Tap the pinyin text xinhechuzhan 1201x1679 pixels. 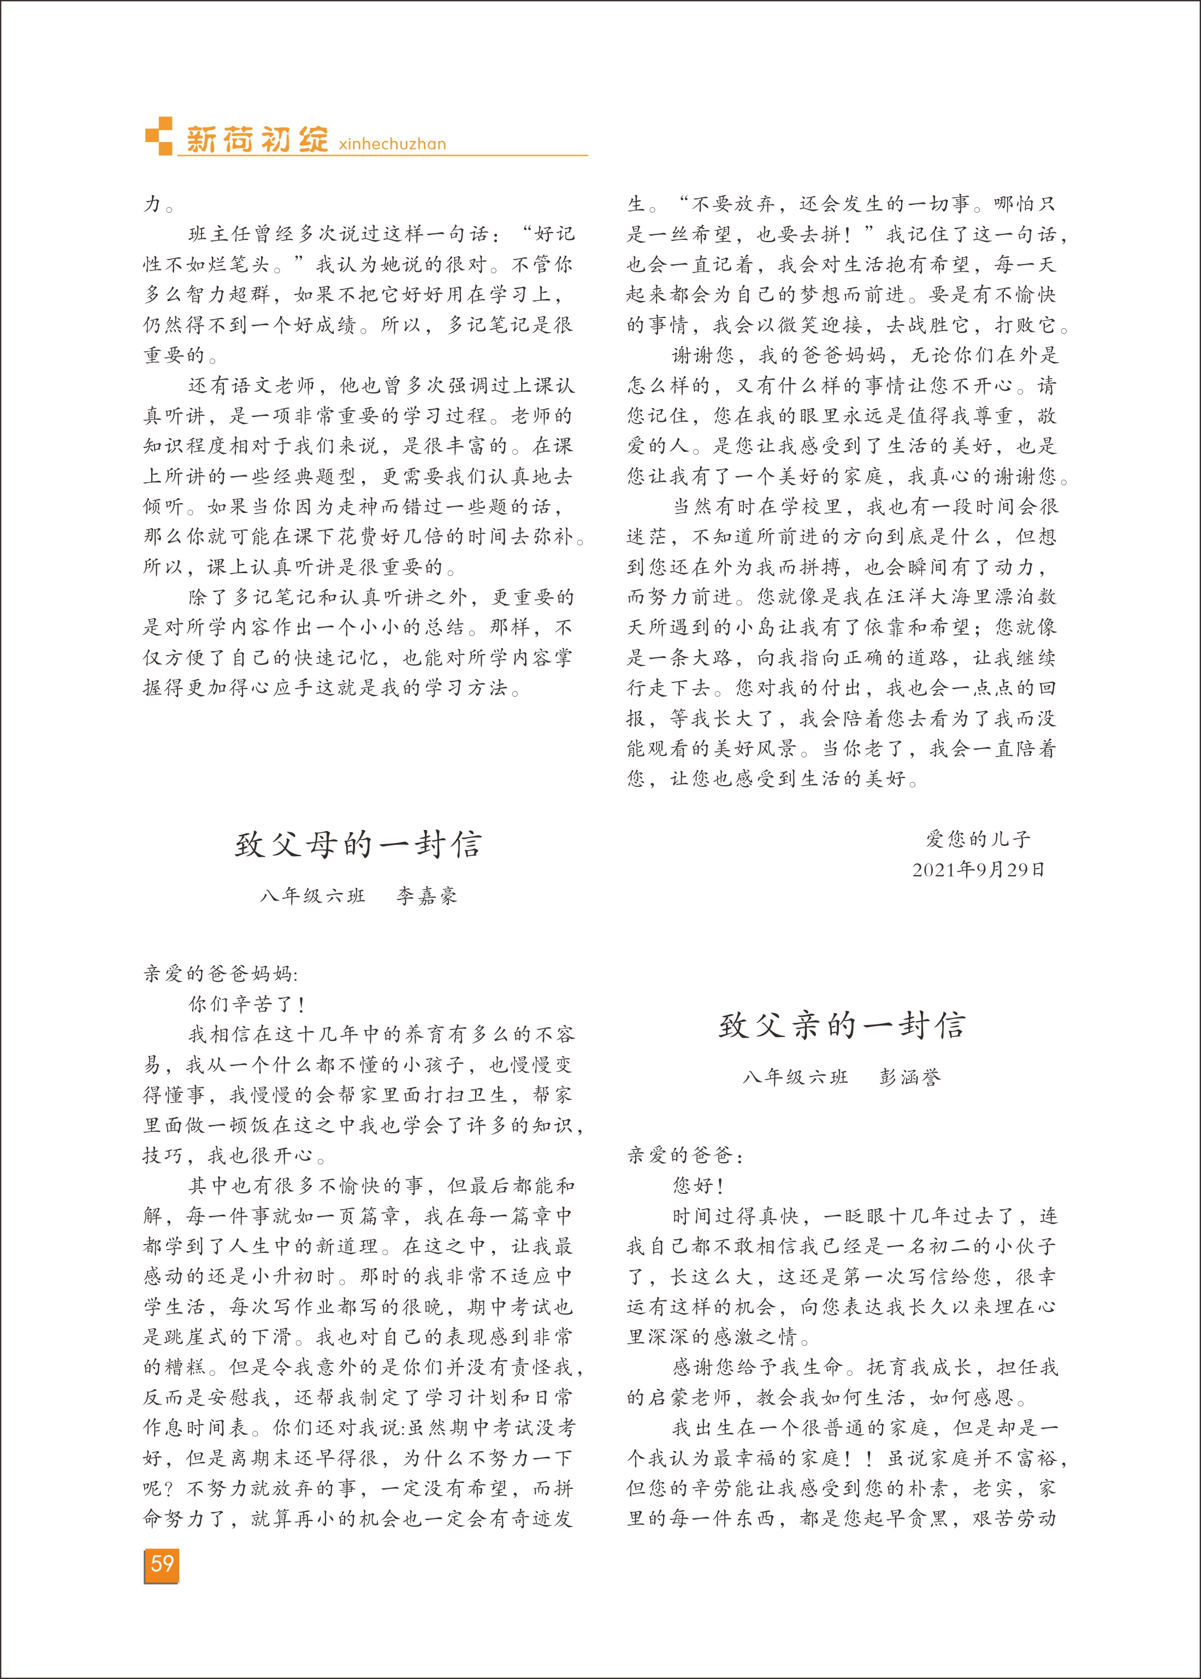pos(392,144)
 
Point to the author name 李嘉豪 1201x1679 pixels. pos(427,897)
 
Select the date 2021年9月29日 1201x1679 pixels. pos(978,870)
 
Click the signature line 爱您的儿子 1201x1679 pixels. pos(978,839)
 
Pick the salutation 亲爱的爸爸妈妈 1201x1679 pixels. pos(219,974)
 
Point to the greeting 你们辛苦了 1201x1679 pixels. pos(246,1004)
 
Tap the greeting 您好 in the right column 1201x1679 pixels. pos(697,1186)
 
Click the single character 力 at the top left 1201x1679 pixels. pos(152,204)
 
